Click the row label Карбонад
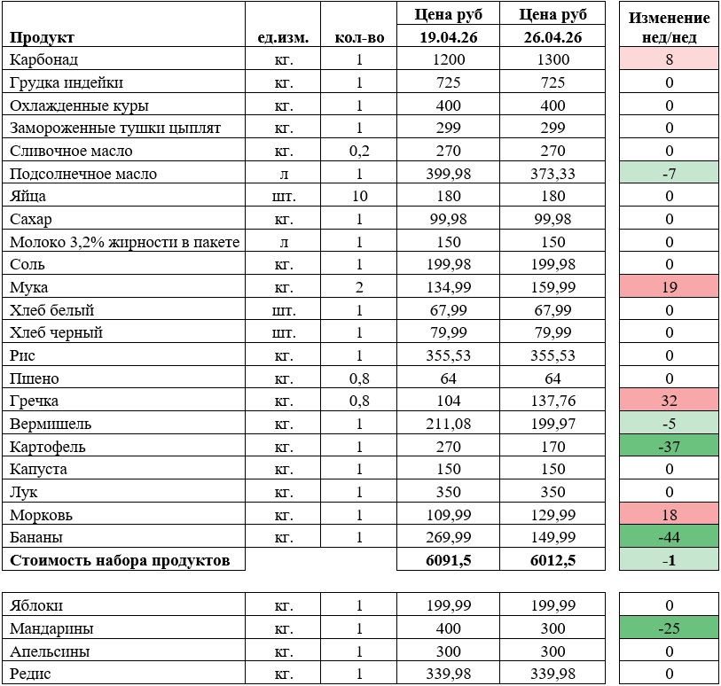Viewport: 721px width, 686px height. click(x=44, y=59)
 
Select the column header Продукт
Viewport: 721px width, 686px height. click(x=42, y=37)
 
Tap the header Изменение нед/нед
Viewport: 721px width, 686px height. click(x=669, y=27)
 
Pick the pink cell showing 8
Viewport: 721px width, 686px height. click(x=669, y=59)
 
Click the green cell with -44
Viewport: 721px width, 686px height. click(x=669, y=537)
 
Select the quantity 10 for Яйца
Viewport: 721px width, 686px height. click(x=359, y=196)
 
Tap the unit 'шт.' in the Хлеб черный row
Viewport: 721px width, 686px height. click(x=283, y=332)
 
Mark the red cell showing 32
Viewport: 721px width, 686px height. click(x=669, y=401)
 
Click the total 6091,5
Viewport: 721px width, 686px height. click(x=449, y=559)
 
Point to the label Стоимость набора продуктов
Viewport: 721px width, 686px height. click(x=120, y=559)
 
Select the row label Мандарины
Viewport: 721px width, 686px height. click(x=51, y=628)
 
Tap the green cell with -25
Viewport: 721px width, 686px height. click(x=669, y=628)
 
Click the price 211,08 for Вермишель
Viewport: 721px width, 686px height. click(x=449, y=424)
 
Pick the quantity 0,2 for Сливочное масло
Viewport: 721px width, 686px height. click(x=359, y=151)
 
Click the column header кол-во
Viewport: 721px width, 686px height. click(x=359, y=37)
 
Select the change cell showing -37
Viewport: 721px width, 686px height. click(x=669, y=447)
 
